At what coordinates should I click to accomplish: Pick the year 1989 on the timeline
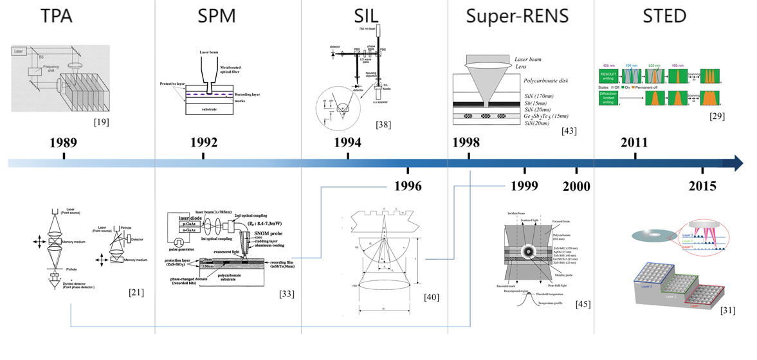click(64, 143)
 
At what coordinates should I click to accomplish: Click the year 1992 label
click(203, 143)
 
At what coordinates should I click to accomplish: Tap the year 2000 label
click(576, 186)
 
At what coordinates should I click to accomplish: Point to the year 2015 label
click(702, 186)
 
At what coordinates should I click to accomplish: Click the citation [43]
click(569, 131)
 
